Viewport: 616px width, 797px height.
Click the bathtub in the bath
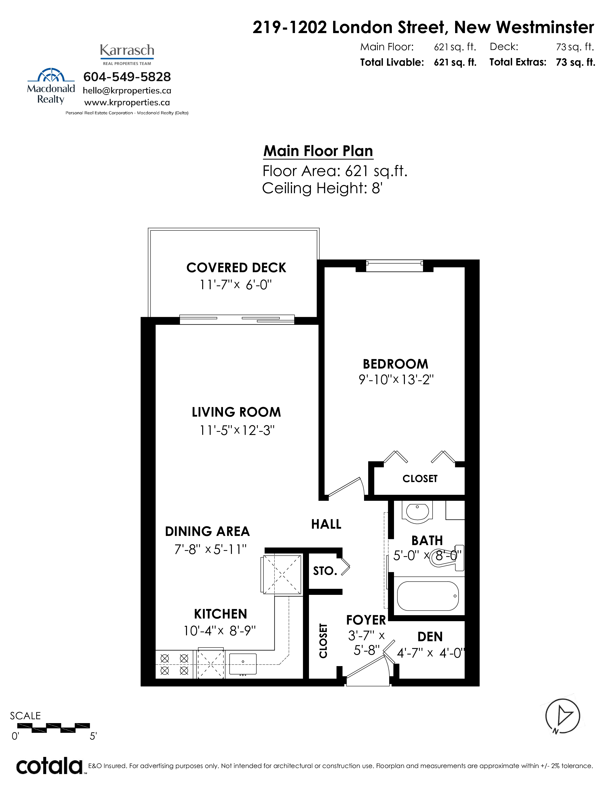[x=428, y=596]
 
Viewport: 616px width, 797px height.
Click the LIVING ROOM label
[x=236, y=412]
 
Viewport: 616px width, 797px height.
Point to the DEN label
[x=430, y=637]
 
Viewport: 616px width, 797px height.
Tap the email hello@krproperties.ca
[x=127, y=91]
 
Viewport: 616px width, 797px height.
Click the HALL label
[x=326, y=524]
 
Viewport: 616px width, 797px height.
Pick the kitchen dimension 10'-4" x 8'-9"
[x=220, y=631]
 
